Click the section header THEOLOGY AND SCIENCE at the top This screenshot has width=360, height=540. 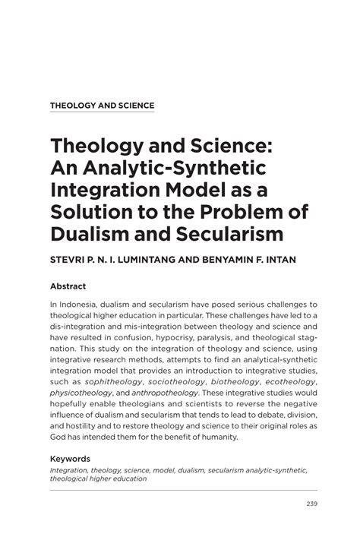pos(102,106)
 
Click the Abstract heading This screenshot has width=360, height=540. pos(68,287)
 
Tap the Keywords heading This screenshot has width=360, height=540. pos(71,459)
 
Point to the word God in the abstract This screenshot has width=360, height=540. pos(60,437)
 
